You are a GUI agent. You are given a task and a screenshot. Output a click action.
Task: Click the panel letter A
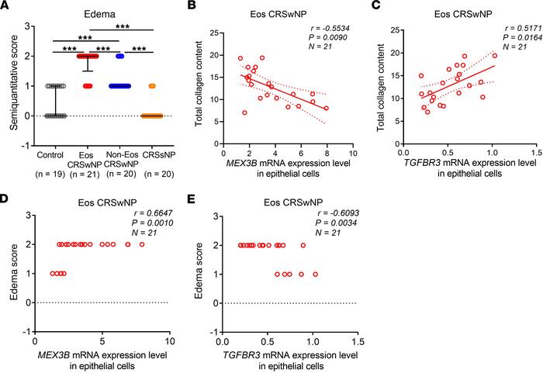click(7, 8)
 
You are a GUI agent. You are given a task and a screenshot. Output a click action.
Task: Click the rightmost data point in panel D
click(141, 244)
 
